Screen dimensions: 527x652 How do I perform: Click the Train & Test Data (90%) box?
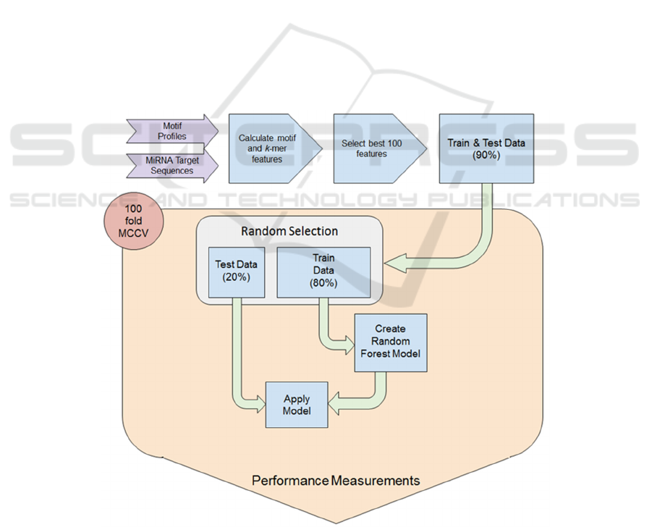pyautogui.click(x=486, y=148)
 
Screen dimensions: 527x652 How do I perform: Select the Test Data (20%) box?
pyautogui.click(x=232, y=272)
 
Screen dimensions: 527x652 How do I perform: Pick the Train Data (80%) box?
pyautogui.click(x=323, y=271)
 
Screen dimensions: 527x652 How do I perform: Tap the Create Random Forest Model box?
pyautogui.click(x=391, y=342)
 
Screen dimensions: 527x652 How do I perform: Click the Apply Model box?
pyautogui.click(x=297, y=404)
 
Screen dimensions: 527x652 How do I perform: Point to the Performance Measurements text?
pyautogui.click(x=335, y=480)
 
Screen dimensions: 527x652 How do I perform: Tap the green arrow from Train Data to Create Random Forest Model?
pyautogui.click(x=330, y=326)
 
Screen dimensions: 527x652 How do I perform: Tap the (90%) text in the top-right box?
pyautogui.click(x=486, y=155)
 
